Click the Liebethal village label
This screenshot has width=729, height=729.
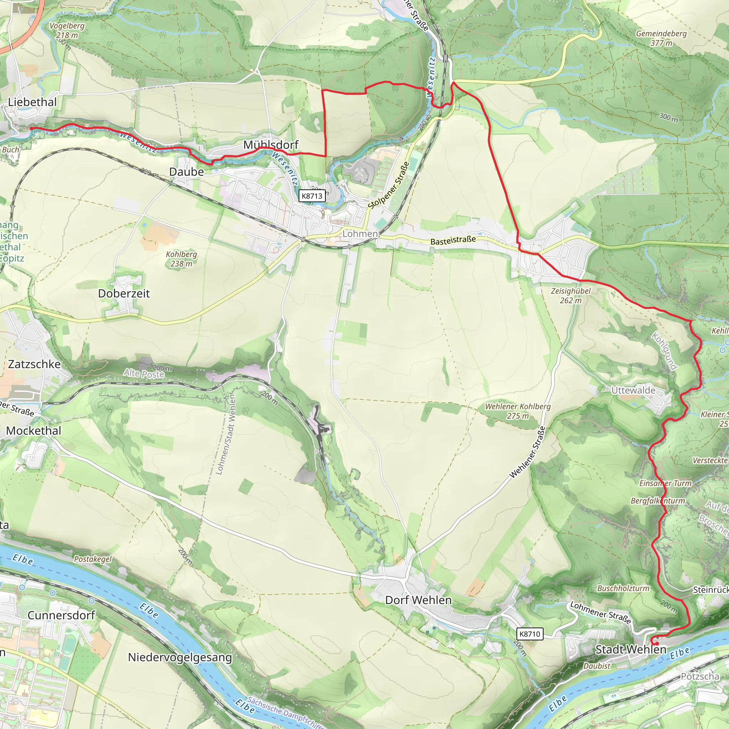pyautogui.click(x=32, y=102)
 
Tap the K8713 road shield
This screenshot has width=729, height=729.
pyautogui.click(x=312, y=196)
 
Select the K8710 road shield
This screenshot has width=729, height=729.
pyautogui.click(x=529, y=634)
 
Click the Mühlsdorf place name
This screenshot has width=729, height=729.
pyautogui.click(x=271, y=145)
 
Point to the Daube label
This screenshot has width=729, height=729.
pyautogui.click(x=187, y=172)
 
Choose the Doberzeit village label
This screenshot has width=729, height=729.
pyautogui.click(x=124, y=293)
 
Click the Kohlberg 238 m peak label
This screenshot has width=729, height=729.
pyautogui.click(x=181, y=259)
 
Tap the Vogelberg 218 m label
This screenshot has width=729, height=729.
pyautogui.click(x=67, y=31)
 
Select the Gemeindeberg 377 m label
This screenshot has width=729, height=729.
pyautogui.click(x=661, y=38)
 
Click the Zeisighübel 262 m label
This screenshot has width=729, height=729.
pyautogui.click(x=571, y=295)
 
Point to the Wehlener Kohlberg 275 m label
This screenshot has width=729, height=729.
pyautogui.click(x=518, y=411)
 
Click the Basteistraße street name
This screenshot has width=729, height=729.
pyautogui.click(x=453, y=240)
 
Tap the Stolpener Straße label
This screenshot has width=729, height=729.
pyautogui.click(x=389, y=186)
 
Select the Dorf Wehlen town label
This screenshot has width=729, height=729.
pyautogui.click(x=418, y=600)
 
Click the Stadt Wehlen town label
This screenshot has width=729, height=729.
pyautogui.click(x=630, y=649)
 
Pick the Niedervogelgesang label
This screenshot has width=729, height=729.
pyautogui.click(x=180, y=657)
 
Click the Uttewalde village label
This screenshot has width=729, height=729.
pyautogui.click(x=633, y=390)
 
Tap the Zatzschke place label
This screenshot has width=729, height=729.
pyautogui.click(x=34, y=364)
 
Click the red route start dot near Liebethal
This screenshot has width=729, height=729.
pyautogui.click(x=31, y=129)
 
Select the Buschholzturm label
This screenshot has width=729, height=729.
pyautogui.click(x=623, y=588)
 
